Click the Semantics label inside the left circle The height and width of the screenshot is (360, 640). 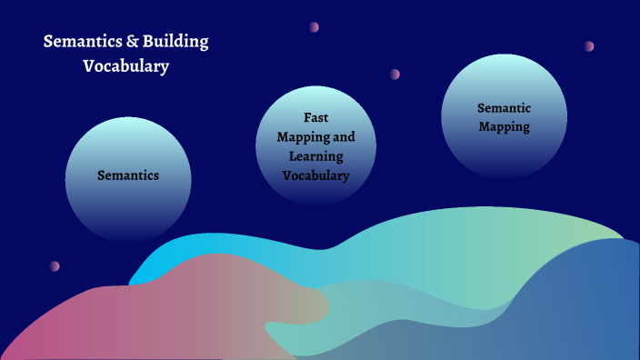click(128, 175)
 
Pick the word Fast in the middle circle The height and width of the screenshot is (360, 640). click(315, 117)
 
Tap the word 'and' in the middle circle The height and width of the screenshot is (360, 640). click(344, 137)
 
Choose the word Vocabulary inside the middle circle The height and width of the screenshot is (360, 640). click(315, 175)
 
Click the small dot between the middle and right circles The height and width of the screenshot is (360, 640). click(395, 74)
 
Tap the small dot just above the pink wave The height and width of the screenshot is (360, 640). click(55, 266)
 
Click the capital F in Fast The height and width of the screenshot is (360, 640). click(306, 117)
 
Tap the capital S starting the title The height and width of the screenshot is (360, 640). click(47, 42)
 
